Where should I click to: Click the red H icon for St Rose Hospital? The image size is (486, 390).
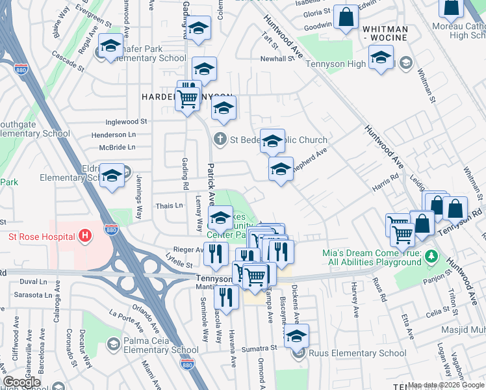pyautogui.click(x=83, y=235)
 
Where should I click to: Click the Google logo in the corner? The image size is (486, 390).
pyautogui.click(x=22, y=382)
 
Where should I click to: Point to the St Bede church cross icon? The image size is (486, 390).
pyautogui.click(x=220, y=139)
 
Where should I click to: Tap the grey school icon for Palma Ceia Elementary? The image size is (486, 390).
pyautogui.click(x=113, y=343)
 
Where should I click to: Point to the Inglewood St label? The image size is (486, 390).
pyautogui.click(x=119, y=122)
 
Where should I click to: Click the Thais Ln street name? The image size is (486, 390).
pyautogui.click(x=170, y=206)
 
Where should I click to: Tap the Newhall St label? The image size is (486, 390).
pyautogui.click(x=277, y=58)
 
